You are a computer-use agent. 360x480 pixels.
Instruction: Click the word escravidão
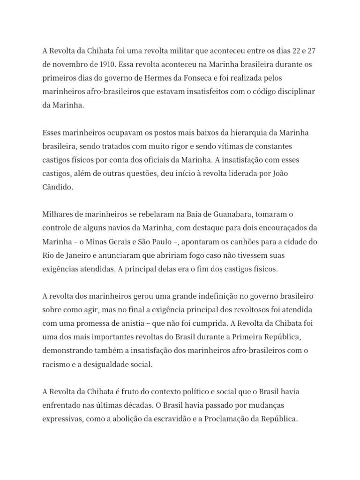[184, 419]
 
